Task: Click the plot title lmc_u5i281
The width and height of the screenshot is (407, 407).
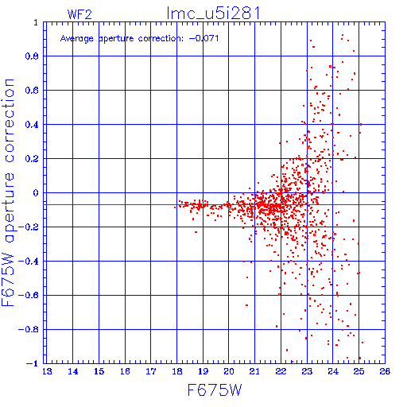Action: (x=213, y=14)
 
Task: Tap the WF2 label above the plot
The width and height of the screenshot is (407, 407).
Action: (x=79, y=14)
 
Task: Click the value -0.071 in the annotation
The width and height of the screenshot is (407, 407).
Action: (x=203, y=38)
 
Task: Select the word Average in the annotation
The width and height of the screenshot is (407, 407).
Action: (x=77, y=39)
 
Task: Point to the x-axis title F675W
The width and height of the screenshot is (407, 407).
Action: (x=215, y=390)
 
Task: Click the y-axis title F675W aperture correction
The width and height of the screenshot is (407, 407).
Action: (x=8, y=192)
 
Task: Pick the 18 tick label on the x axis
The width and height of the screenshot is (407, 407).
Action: (x=177, y=371)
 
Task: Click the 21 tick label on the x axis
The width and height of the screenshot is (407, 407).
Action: (x=254, y=371)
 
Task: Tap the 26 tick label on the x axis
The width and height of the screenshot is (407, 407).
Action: (x=385, y=371)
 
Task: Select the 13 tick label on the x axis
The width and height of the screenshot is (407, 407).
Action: (x=47, y=371)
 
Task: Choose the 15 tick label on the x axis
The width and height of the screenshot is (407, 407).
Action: (x=99, y=371)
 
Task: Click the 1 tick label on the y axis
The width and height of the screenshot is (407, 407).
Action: (x=36, y=22)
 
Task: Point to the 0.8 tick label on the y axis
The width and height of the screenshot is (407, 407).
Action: (x=32, y=56)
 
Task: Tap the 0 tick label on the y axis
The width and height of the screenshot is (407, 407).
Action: (x=36, y=193)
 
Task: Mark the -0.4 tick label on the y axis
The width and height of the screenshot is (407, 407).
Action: (x=29, y=262)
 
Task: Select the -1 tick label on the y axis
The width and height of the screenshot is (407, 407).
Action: (x=33, y=363)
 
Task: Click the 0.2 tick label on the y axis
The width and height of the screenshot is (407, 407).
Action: (x=32, y=159)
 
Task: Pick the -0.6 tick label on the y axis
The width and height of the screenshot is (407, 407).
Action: (x=29, y=296)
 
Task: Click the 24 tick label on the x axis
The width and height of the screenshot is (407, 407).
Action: (x=333, y=371)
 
